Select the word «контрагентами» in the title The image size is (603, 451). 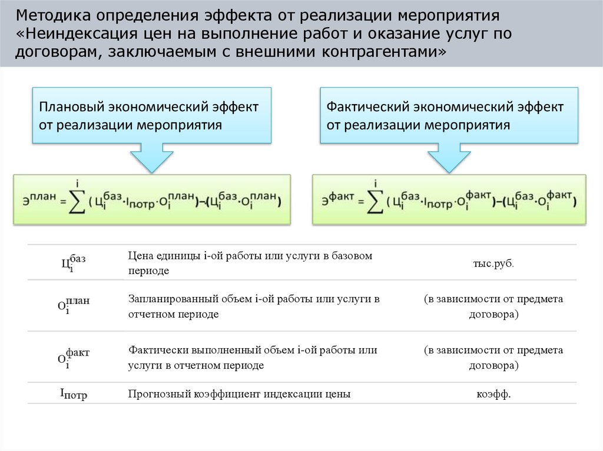pyautogui.click(x=379, y=52)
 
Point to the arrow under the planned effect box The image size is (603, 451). pyautogui.click(x=152, y=157)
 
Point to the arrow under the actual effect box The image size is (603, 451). pyautogui.click(x=449, y=157)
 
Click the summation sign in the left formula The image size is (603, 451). pyautogui.click(x=77, y=202)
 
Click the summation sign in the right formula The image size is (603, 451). pyautogui.click(x=374, y=202)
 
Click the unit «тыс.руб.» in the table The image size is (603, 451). pyautogui.click(x=493, y=263)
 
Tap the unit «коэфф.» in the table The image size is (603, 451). pyautogui.click(x=493, y=395)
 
